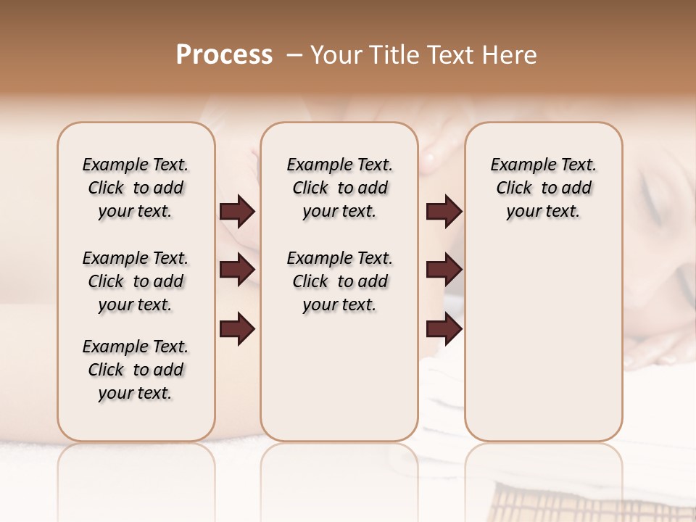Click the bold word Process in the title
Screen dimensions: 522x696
click(x=224, y=55)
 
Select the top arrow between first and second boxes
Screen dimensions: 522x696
click(x=237, y=211)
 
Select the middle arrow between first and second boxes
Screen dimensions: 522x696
click(x=237, y=270)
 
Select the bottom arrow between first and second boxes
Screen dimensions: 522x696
click(x=237, y=328)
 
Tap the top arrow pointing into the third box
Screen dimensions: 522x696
click(x=444, y=211)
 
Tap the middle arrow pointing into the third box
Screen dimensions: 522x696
click(x=444, y=270)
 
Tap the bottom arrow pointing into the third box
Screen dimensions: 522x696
click(x=444, y=328)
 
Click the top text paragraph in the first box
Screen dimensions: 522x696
click(x=136, y=188)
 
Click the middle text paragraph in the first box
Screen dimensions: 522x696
click(x=136, y=281)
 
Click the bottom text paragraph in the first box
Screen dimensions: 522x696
click(x=136, y=370)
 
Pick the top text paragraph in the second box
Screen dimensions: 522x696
click(x=339, y=188)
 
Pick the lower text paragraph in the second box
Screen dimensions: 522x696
click(x=339, y=281)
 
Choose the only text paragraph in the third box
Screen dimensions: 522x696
click(x=543, y=188)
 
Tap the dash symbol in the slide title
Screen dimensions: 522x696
click(x=294, y=55)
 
